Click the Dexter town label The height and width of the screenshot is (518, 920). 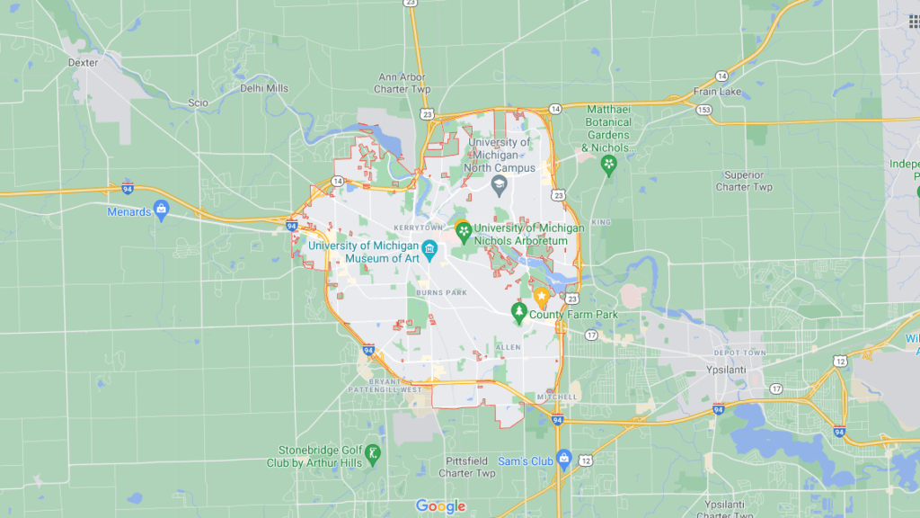coord(83,63)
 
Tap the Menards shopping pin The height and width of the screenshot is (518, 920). coord(162,210)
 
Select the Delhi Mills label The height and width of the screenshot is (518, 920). coord(264,88)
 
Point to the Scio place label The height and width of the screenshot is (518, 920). coord(198,103)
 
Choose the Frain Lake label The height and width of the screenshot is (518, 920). coord(717,92)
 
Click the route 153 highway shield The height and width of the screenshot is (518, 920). coord(703,109)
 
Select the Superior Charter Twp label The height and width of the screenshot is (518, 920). coord(744,181)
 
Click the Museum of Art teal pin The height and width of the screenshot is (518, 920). coord(430,249)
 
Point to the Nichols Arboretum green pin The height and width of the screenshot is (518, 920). coord(464,231)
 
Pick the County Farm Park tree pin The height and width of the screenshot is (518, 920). coord(518,312)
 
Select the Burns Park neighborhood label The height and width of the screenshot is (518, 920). coord(441,292)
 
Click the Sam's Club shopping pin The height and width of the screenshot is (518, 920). coord(563,458)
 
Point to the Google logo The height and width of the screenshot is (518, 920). coord(440,506)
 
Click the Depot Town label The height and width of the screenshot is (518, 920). coord(739,353)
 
